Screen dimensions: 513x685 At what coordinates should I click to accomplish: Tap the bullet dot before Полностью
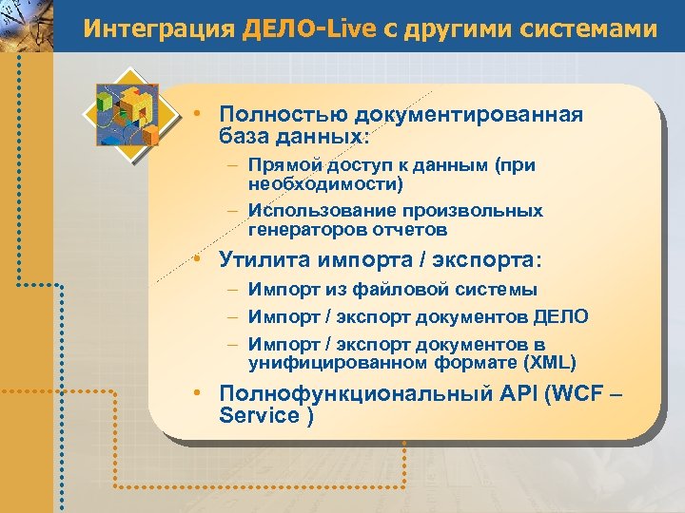(193, 115)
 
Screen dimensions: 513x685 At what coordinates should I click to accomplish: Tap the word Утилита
(263, 258)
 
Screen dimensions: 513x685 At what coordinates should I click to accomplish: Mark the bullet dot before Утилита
(193, 259)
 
